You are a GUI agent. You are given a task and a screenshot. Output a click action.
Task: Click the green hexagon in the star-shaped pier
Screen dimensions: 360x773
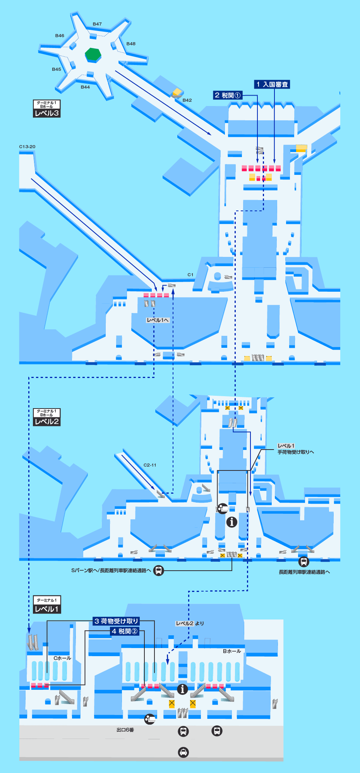pyautogui.click(x=93, y=54)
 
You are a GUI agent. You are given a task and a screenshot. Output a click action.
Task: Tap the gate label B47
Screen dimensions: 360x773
pyautogui.click(x=97, y=24)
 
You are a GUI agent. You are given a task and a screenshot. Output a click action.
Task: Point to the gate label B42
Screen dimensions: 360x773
pyautogui.click(x=187, y=100)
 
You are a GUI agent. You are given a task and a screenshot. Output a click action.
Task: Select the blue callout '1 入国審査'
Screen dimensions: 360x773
pyautogui.click(x=272, y=84)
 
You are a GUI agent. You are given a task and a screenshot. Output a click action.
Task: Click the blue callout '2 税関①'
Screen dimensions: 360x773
pyautogui.click(x=228, y=95)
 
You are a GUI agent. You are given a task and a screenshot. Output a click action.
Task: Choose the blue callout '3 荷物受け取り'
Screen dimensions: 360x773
pyautogui.click(x=116, y=621)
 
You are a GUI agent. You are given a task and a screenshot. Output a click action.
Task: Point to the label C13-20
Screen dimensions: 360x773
pyautogui.click(x=27, y=147)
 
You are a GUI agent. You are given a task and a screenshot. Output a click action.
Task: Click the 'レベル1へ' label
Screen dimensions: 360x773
pyautogui.click(x=158, y=320)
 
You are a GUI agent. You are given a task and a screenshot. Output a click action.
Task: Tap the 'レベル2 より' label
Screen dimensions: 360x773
pyautogui.click(x=190, y=623)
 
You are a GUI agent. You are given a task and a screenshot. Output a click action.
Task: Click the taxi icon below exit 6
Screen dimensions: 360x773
pyautogui.click(x=183, y=752)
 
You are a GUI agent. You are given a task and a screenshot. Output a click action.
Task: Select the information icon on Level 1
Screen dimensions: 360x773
pyautogui.click(x=182, y=689)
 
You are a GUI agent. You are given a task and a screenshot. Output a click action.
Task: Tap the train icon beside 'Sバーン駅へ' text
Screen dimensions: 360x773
pyautogui.click(x=159, y=570)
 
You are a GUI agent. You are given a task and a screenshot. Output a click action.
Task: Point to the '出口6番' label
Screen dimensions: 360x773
pyautogui.click(x=125, y=730)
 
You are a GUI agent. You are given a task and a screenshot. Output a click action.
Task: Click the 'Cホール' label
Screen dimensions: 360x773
pyautogui.click(x=62, y=658)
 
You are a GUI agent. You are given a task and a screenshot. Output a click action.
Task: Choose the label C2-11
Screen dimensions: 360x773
pyautogui.click(x=150, y=465)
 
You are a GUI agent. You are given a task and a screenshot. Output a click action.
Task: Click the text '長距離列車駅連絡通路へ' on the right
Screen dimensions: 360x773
pyautogui.click(x=304, y=572)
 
